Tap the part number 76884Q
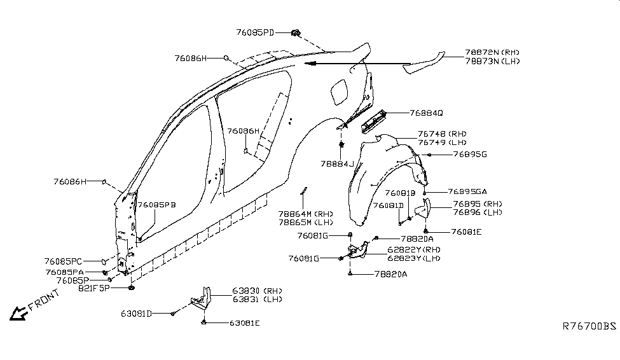(426, 113)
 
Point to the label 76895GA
(467, 191)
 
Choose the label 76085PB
(157, 205)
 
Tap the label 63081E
(245, 323)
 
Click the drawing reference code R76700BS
(589, 326)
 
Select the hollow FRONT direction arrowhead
(17, 313)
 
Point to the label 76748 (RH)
(442, 134)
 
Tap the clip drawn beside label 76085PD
(296, 32)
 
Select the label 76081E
(466, 232)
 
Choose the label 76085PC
(64, 261)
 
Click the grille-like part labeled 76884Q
(380, 121)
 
